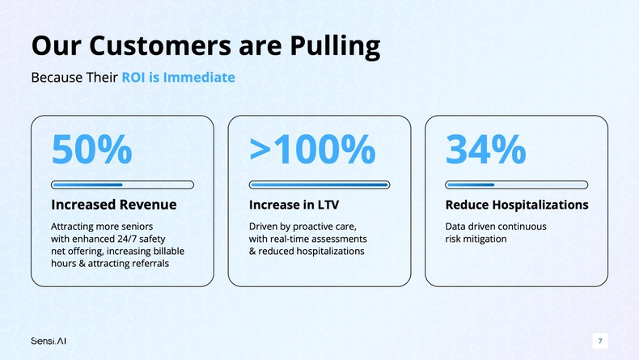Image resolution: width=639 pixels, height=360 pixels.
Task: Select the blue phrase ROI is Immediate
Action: [x=179, y=78]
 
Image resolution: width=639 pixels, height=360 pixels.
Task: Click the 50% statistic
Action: [x=91, y=150]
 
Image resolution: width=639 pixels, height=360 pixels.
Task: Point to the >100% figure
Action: [x=311, y=150]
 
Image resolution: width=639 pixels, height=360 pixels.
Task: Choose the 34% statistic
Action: [x=486, y=150]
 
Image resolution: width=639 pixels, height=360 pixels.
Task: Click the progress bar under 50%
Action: [x=122, y=184]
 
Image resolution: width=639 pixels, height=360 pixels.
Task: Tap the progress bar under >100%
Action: [x=319, y=184]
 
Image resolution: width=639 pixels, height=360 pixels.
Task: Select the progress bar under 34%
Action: [x=516, y=184]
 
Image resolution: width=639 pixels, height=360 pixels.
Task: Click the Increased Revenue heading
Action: [x=114, y=205]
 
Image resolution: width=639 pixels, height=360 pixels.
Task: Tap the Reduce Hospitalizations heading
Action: [x=517, y=205]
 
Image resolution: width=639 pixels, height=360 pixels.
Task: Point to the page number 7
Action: [x=600, y=341]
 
